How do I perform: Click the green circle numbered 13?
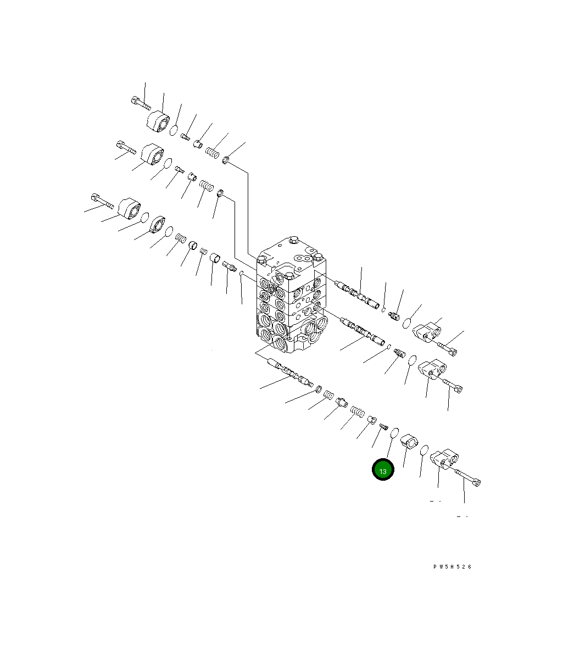click(383, 470)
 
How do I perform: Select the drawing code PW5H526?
click(452, 567)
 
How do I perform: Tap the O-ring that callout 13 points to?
click(394, 432)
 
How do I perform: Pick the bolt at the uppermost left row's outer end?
click(141, 103)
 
